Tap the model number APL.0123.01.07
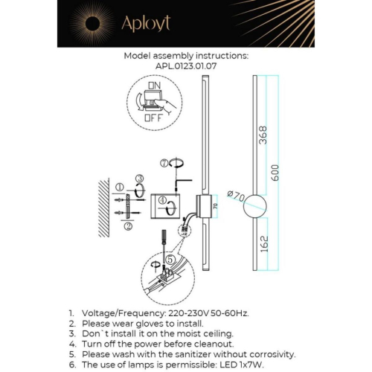tap(186, 65)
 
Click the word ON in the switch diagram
tap(153, 86)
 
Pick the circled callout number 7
tap(164, 162)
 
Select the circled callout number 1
tap(120, 187)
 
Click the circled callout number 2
tap(128, 226)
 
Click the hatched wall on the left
tap(102, 204)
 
